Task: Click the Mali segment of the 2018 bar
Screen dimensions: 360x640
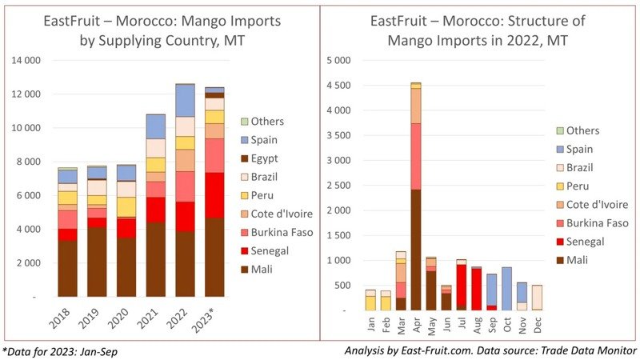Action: pos(68,268)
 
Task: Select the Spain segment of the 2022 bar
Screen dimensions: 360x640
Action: pos(185,100)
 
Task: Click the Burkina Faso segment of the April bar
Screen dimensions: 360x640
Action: pos(416,156)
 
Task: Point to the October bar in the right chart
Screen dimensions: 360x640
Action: pos(507,289)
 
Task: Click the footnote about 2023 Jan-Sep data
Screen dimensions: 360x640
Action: pos(61,350)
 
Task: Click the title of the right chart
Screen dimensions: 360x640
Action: pos(480,30)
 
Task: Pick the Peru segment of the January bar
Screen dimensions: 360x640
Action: pos(370,302)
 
